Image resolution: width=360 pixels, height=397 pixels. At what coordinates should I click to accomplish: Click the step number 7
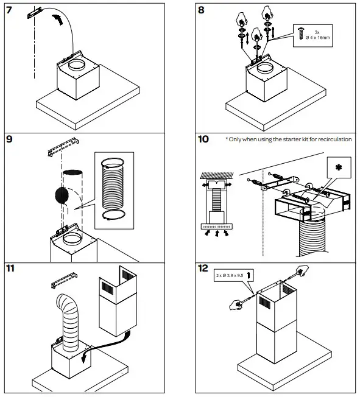(x=9, y=10)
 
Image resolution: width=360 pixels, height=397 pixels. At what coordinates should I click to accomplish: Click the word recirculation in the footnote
(x=331, y=139)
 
